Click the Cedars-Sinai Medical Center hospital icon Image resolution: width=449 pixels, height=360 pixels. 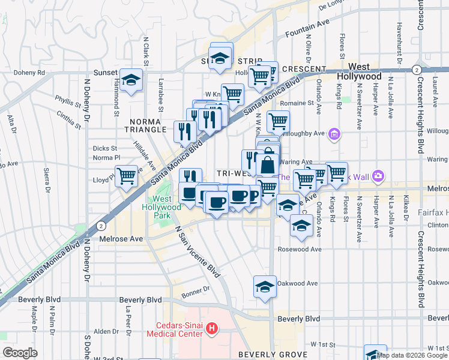211,328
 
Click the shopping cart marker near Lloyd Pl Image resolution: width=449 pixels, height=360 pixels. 127,176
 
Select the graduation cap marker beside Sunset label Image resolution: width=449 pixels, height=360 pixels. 130,80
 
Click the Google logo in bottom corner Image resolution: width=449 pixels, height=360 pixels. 20,352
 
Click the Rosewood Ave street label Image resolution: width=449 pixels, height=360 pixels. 300,249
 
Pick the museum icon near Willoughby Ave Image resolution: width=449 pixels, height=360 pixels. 334,135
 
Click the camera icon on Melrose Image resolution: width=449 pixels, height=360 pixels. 378,176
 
